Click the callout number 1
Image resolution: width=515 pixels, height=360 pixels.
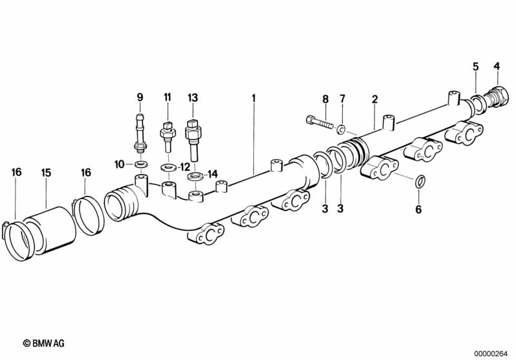click(254, 98)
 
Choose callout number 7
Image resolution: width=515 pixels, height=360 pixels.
click(342, 99)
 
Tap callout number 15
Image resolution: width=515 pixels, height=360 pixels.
click(46, 173)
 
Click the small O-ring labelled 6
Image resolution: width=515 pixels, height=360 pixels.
click(420, 183)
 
